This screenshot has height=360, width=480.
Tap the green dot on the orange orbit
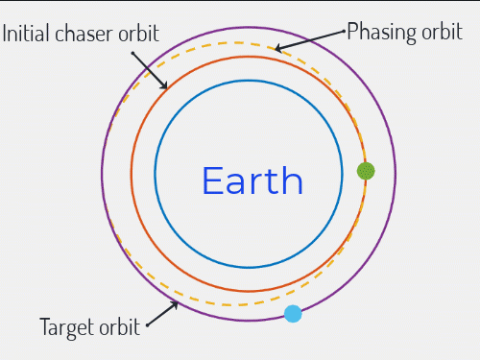point(366,171)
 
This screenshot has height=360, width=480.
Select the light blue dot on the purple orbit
point(293,314)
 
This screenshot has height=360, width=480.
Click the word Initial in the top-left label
point(27,35)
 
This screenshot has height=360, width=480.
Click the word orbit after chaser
point(138,35)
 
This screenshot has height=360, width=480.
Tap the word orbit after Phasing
point(443,32)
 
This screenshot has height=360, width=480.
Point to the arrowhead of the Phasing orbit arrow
point(276,48)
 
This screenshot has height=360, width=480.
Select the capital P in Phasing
point(352,32)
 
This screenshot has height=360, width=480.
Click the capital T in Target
point(45,326)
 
